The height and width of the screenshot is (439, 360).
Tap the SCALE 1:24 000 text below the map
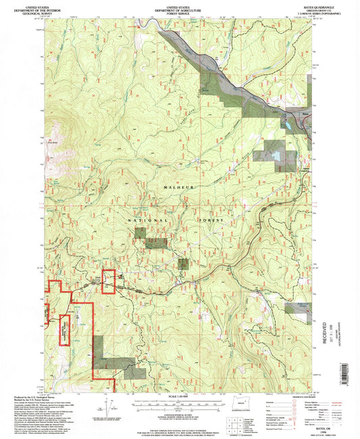click(x=179, y=396)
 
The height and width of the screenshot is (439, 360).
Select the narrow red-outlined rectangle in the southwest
click(x=66, y=330)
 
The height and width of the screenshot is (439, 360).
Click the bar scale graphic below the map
click(x=179, y=403)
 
